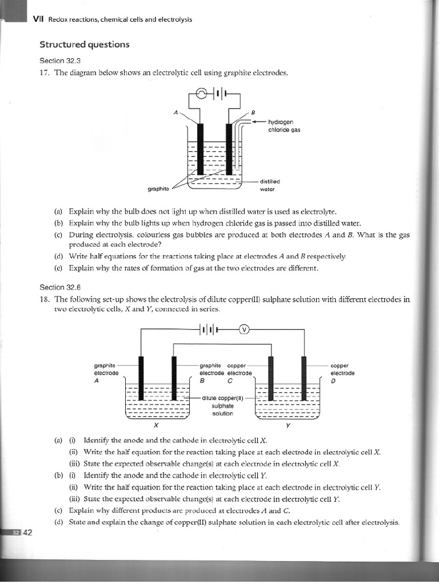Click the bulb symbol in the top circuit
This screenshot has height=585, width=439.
coord(204,94)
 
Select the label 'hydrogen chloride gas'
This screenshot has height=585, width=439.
coord(284,126)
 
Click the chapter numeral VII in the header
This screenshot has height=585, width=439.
coord(38,19)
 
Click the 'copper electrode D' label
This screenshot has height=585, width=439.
coord(342,372)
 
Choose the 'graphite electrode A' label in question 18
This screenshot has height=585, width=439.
coord(106,372)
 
